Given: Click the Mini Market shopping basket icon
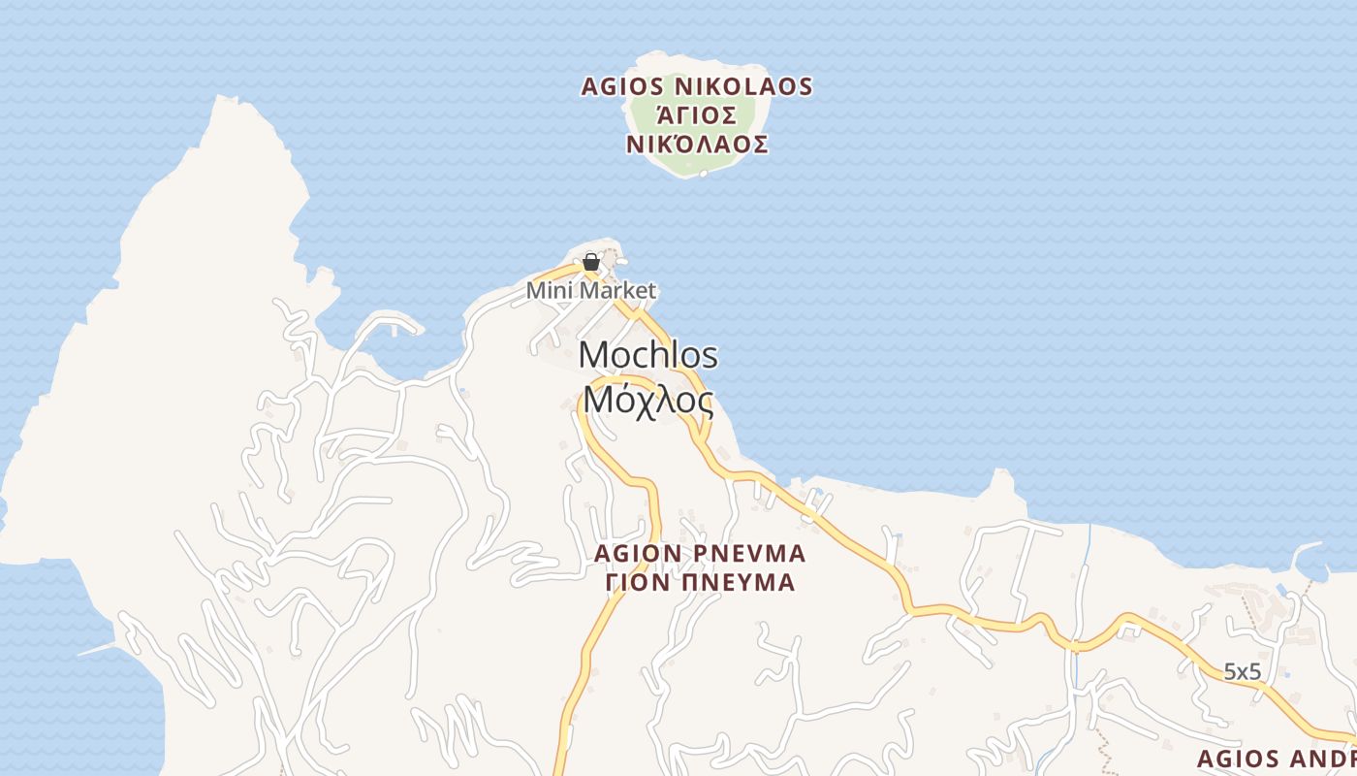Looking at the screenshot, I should point(590,262).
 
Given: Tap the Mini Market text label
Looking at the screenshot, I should point(591,290).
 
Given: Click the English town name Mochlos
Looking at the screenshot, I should point(648,355).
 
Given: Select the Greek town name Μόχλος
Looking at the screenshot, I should point(648,399).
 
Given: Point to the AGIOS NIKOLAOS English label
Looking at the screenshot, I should point(696,86).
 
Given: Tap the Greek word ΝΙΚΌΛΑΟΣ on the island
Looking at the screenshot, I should point(697,145).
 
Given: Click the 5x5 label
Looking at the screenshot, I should point(1242,670).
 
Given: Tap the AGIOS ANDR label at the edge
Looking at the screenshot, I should point(1276,759).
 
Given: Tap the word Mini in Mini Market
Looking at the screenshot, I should point(547,290).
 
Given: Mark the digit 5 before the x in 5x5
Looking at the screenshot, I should point(1229,670).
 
